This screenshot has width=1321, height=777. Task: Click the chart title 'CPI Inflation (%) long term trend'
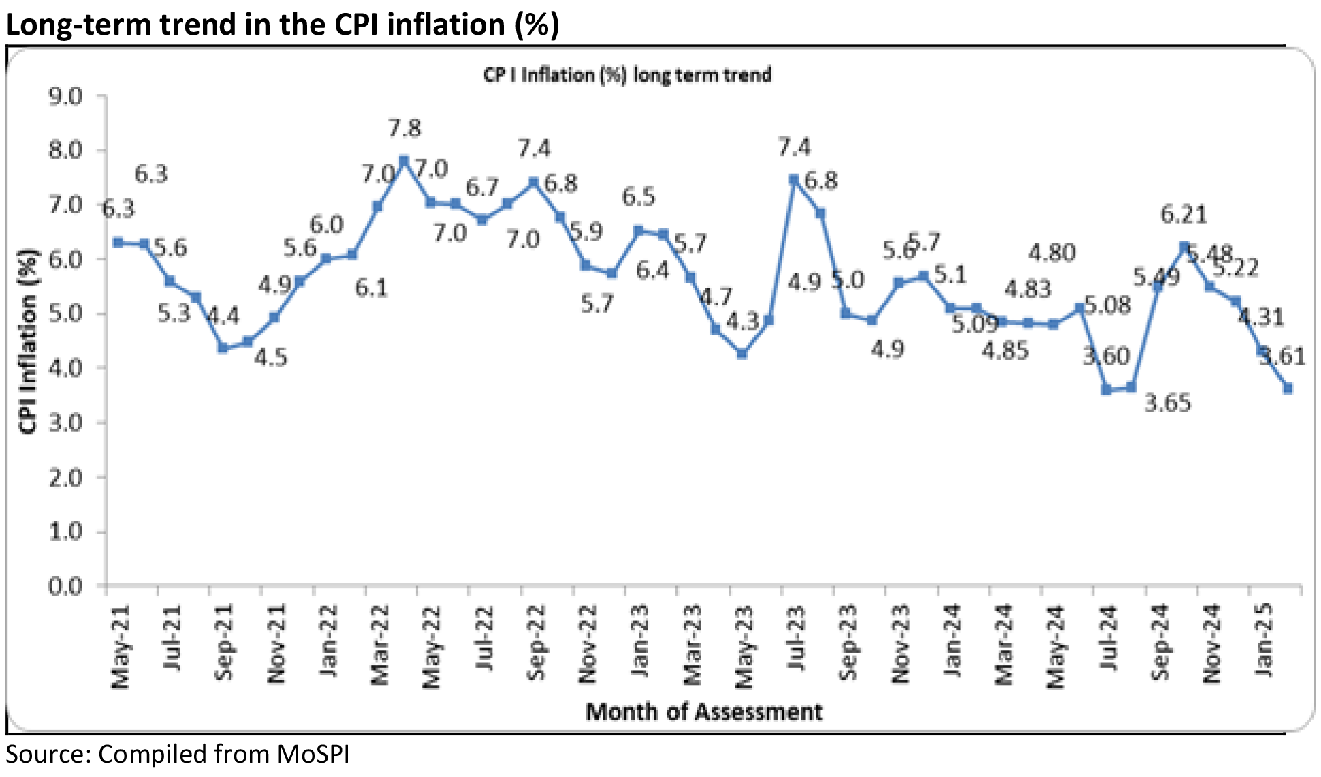[x=627, y=74]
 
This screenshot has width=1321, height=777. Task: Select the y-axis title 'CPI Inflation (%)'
[x=29, y=341]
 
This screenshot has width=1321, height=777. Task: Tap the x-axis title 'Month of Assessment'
[x=703, y=712]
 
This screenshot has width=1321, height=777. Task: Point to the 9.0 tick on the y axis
[x=65, y=95]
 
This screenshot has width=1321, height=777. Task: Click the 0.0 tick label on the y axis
[x=65, y=585]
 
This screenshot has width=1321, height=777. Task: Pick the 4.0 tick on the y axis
[x=65, y=368]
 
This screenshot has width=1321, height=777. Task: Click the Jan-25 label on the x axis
[x=1264, y=641]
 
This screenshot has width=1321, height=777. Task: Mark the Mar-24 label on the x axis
[x=1005, y=645]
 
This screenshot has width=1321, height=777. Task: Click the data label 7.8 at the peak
[x=404, y=128]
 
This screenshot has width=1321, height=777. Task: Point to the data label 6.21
[x=1183, y=215]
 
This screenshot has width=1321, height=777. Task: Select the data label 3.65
[x=1167, y=403]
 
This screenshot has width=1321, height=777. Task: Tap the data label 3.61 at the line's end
[x=1282, y=356]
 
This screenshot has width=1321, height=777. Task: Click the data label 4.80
[x=1051, y=254]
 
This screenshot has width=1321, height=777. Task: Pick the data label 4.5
[x=270, y=357]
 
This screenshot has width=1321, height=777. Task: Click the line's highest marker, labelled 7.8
[x=404, y=161]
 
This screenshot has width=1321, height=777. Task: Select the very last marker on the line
[x=1288, y=388]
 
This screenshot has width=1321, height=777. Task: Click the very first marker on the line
[x=118, y=243]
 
